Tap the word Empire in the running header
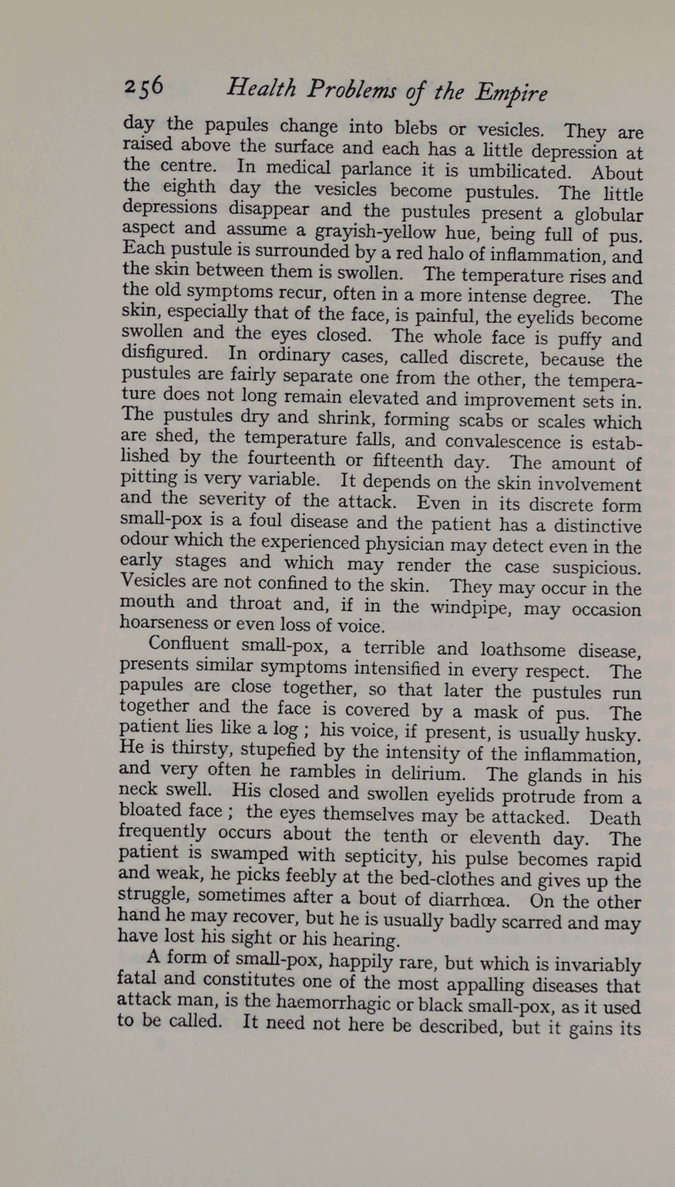click(511, 93)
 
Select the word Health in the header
click(261, 89)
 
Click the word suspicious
click(596, 568)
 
